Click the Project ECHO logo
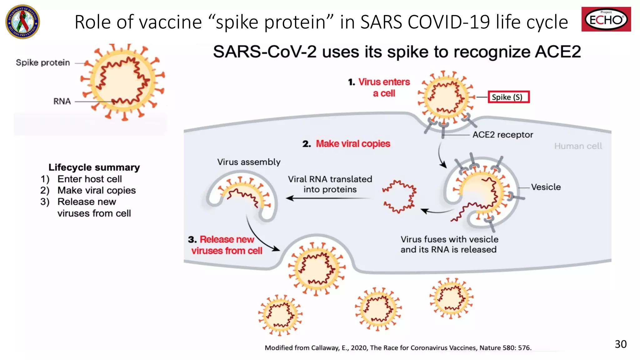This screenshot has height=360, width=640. coord(606,19)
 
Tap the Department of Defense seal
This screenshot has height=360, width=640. coord(22,22)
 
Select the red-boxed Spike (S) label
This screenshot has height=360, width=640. coord(508,97)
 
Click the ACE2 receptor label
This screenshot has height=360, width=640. coord(502,135)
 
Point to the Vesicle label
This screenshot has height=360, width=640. coord(546,187)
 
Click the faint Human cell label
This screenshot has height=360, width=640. coord(578,146)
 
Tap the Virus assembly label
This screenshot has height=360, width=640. coord(249,162)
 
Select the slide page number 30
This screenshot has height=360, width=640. coord(620,344)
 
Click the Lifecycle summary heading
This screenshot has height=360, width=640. coord(94,167)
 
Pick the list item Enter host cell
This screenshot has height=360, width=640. coord(89,179)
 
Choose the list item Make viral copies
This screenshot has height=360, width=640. coord(96,190)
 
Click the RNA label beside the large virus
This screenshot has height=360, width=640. coord(62,101)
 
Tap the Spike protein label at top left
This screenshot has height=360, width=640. coord(43,62)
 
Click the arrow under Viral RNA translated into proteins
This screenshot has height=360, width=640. coord(328,198)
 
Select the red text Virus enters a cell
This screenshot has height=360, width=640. coord(384,87)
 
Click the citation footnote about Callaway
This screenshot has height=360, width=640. coord(398,347)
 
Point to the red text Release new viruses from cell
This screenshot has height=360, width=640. coord(227,245)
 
